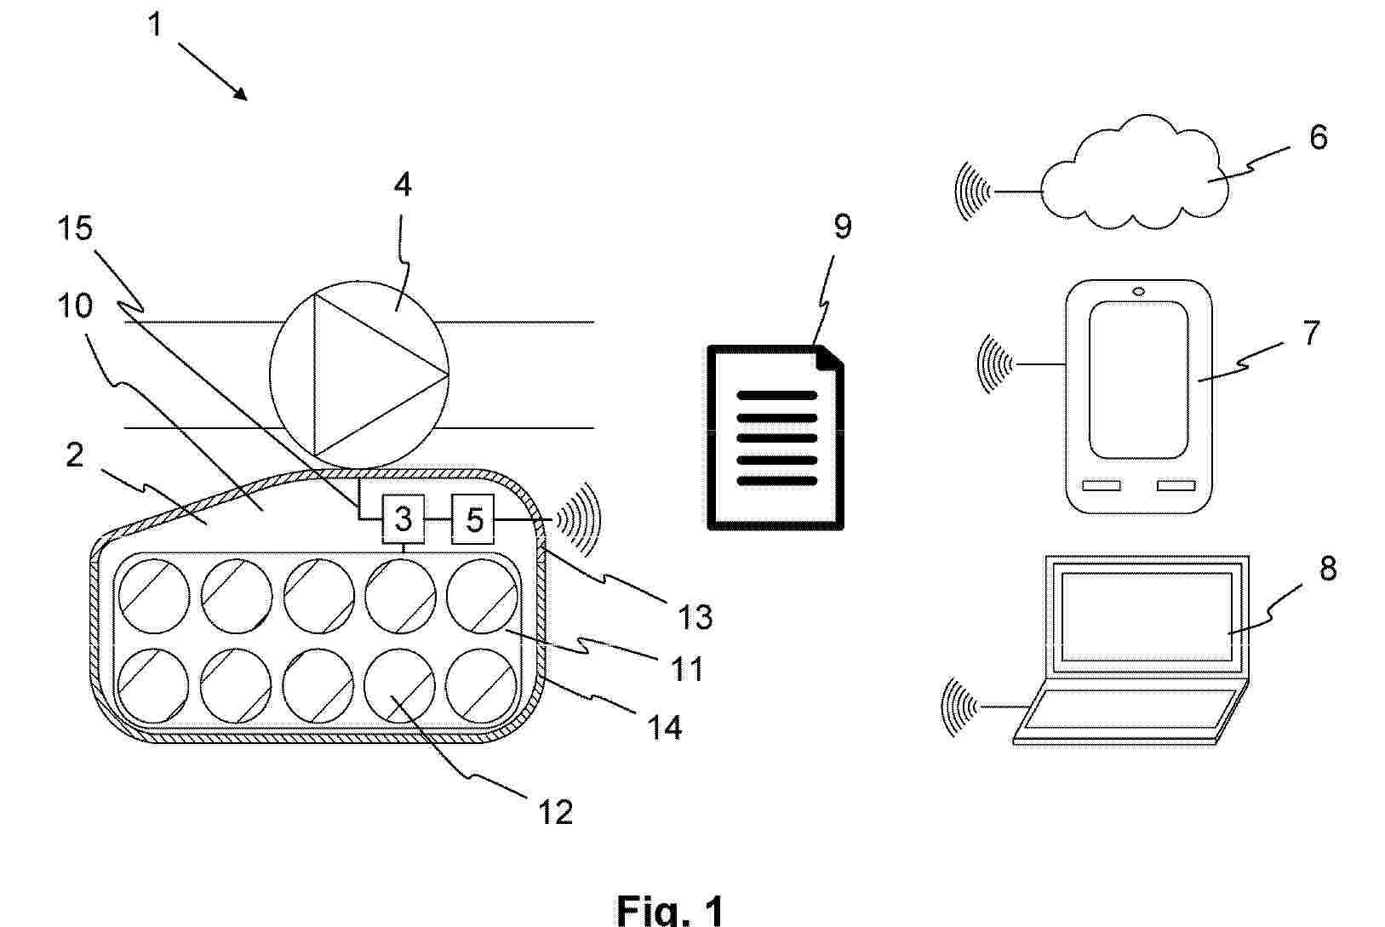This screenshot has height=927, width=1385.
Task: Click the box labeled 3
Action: point(403,519)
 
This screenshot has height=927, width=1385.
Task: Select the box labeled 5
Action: point(473,519)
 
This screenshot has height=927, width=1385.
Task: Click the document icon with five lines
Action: point(775,438)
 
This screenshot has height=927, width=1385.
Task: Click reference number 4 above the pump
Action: point(403,184)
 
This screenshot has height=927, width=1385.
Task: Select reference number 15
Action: point(75,228)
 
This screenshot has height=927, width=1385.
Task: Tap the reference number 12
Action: point(555,812)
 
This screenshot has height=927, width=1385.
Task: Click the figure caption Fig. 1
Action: point(669,910)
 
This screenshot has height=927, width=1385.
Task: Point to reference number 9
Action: point(842,226)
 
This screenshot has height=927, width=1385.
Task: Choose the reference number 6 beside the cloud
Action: point(1318,136)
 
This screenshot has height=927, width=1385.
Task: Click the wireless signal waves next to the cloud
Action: point(973,192)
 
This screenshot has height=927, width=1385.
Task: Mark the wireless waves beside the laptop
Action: point(959,707)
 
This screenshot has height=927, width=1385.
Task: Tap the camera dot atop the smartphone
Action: point(1139,292)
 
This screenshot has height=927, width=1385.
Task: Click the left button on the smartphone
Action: point(1101,486)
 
